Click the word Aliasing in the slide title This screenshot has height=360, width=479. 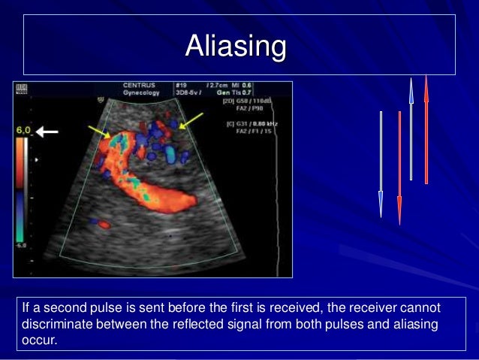[236, 47]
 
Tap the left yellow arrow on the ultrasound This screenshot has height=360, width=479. [99, 133]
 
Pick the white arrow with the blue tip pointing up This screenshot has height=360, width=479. [411, 128]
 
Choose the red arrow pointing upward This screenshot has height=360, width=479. [426, 128]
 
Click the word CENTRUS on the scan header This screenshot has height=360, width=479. [140, 86]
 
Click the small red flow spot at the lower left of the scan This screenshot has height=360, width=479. [104, 224]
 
